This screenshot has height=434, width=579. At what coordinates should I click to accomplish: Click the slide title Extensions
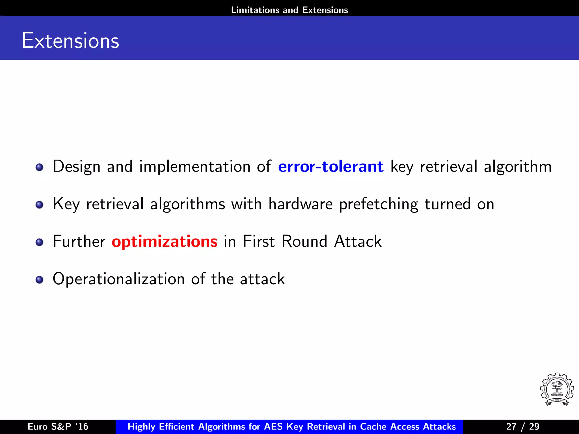click(70, 41)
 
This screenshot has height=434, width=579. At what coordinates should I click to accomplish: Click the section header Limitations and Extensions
click(289, 10)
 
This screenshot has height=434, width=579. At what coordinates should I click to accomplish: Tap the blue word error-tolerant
click(331, 166)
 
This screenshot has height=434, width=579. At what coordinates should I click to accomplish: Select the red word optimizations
click(165, 242)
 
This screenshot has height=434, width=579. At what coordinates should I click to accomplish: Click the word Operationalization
click(119, 279)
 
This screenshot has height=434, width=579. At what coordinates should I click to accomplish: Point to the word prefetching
click(379, 204)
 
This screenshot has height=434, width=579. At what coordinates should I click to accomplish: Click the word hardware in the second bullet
click(301, 204)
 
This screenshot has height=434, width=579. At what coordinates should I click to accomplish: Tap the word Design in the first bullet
click(77, 167)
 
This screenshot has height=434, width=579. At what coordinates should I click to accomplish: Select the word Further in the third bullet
click(79, 242)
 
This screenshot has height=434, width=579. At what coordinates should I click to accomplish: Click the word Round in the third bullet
click(304, 242)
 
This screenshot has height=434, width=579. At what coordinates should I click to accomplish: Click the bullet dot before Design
click(40, 167)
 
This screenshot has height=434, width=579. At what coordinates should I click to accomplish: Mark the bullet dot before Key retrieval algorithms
click(40, 205)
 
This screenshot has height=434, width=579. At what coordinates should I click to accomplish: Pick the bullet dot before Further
click(40, 242)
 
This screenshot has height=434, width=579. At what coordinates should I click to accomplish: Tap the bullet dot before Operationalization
click(40, 280)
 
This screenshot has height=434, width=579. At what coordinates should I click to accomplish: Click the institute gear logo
click(557, 389)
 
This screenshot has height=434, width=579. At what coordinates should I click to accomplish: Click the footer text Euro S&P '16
click(58, 426)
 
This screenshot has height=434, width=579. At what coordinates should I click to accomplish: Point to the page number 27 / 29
click(523, 426)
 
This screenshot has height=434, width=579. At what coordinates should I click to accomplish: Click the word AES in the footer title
click(273, 426)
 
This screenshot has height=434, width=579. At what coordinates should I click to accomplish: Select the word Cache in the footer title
click(373, 426)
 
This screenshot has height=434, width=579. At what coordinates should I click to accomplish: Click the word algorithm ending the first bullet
click(518, 167)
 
